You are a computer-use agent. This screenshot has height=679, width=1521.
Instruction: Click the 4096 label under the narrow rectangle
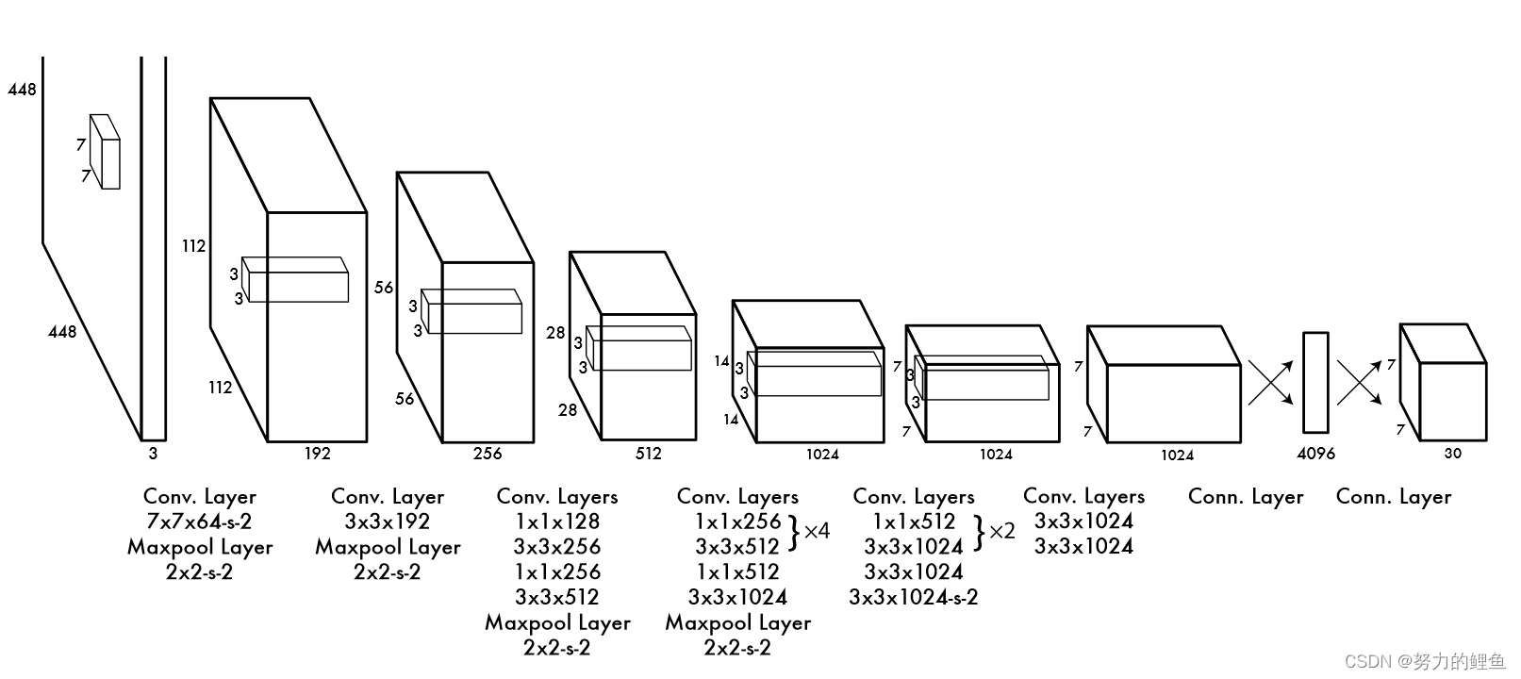click(x=1315, y=454)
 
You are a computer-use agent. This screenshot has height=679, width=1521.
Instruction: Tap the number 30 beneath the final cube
click(x=1452, y=454)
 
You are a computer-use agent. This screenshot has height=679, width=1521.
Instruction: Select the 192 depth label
click(x=317, y=454)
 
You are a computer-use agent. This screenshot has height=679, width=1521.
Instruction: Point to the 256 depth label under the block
click(x=487, y=454)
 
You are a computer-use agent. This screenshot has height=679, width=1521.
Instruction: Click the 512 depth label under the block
click(x=648, y=454)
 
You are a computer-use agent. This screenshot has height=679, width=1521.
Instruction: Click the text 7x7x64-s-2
click(x=199, y=522)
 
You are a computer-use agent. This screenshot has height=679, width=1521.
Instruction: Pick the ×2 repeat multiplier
click(x=1001, y=531)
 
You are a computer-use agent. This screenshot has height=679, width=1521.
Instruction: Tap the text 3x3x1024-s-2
click(x=913, y=597)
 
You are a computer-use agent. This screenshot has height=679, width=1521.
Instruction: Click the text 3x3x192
click(x=387, y=522)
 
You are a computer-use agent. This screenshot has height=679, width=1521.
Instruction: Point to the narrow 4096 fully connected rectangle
click(x=1315, y=382)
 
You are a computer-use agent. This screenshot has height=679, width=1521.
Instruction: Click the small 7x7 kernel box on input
click(x=106, y=153)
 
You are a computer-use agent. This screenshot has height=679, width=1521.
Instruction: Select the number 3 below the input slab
click(x=153, y=454)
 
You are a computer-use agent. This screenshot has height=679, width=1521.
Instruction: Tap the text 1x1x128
click(x=557, y=522)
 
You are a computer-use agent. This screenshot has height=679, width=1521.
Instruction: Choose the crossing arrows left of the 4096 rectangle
click(x=1271, y=382)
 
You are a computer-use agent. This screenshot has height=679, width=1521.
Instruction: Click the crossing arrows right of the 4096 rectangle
click(x=1359, y=382)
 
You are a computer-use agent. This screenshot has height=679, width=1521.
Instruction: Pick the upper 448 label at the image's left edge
click(x=22, y=90)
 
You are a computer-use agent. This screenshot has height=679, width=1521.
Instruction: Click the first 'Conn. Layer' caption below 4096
click(x=1246, y=497)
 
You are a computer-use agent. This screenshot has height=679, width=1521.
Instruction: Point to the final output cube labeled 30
click(x=1443, y=384)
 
